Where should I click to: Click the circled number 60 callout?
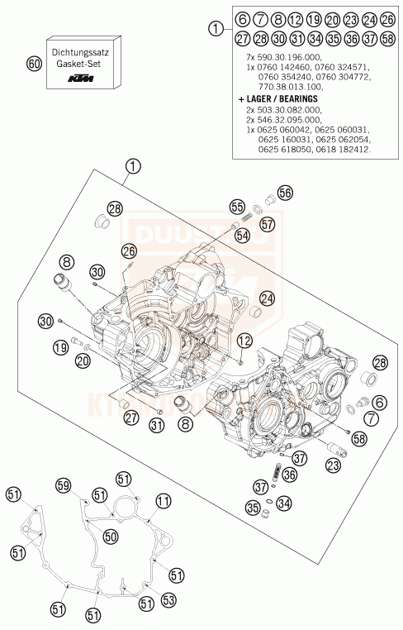pos(33,64)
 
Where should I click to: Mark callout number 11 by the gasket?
pos(163,500)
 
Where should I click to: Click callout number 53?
pos(168,599)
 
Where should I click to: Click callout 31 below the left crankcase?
pos(156,427)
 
